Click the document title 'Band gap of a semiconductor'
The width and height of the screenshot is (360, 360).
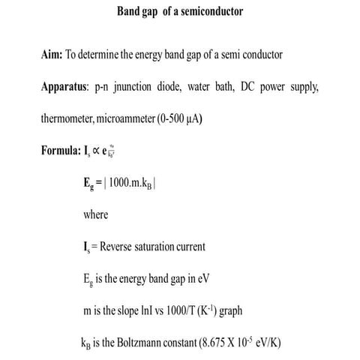point(180,12)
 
